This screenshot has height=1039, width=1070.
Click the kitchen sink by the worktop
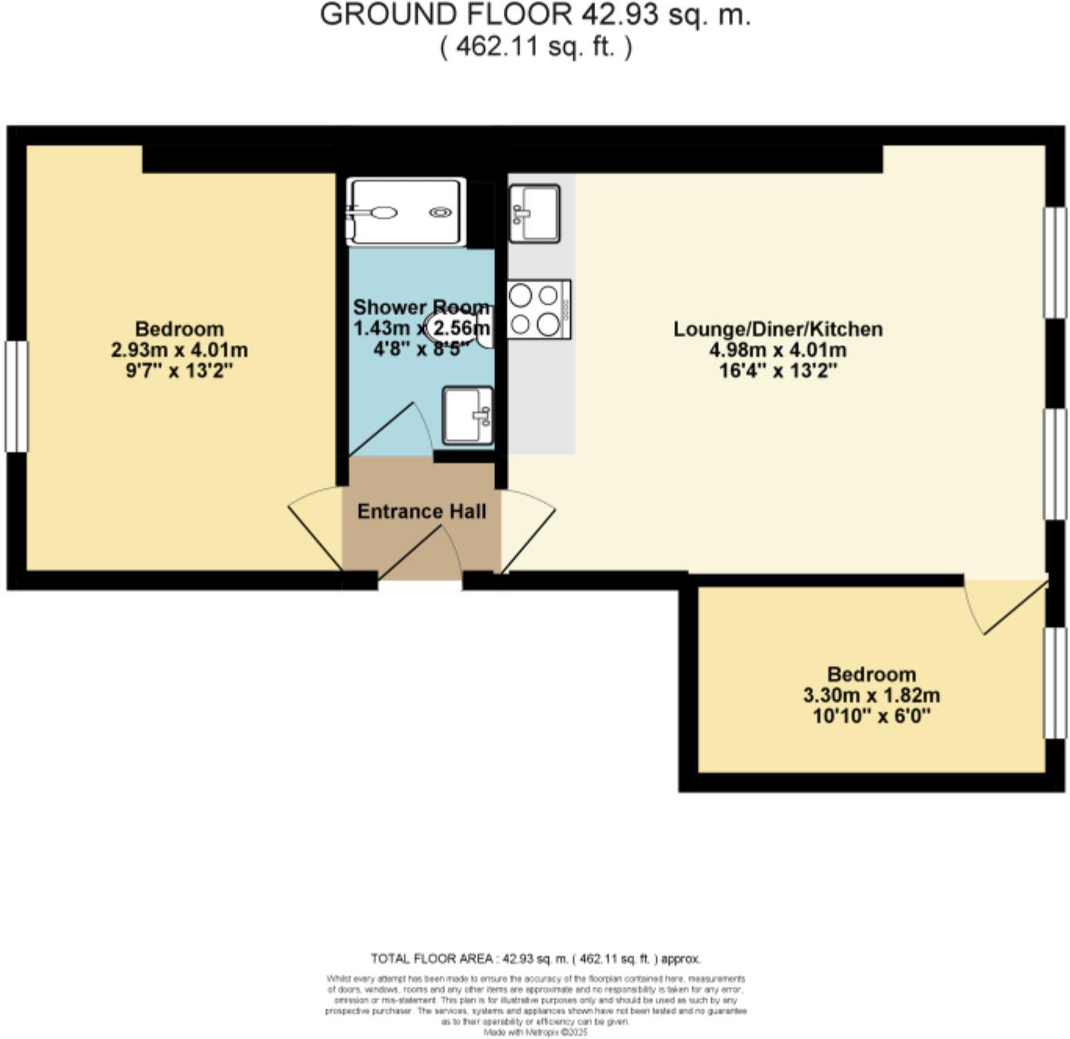[x=534, y=213]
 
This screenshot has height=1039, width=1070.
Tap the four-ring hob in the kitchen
[x=538, y=309]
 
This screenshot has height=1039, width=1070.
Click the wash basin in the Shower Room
[x=468, y=415]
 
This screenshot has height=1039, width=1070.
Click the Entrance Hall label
[x=422, y=512]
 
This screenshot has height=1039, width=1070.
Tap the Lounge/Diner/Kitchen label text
[x=777, y=329]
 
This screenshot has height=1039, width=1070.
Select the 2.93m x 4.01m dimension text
[x=179, y=350]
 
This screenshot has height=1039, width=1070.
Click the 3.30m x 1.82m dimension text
[x=871, y=695]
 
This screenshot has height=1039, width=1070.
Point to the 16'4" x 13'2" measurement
[x=777, y=371]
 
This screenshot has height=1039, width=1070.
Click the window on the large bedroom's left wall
[x=16, y=396]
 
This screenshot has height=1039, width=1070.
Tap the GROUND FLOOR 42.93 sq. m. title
[x=535, y=16]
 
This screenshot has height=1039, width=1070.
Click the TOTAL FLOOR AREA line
[x=535, y=958]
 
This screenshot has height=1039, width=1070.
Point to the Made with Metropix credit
[x=535, y=1033]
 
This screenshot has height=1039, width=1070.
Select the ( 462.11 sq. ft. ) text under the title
[x=535, y=47]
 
